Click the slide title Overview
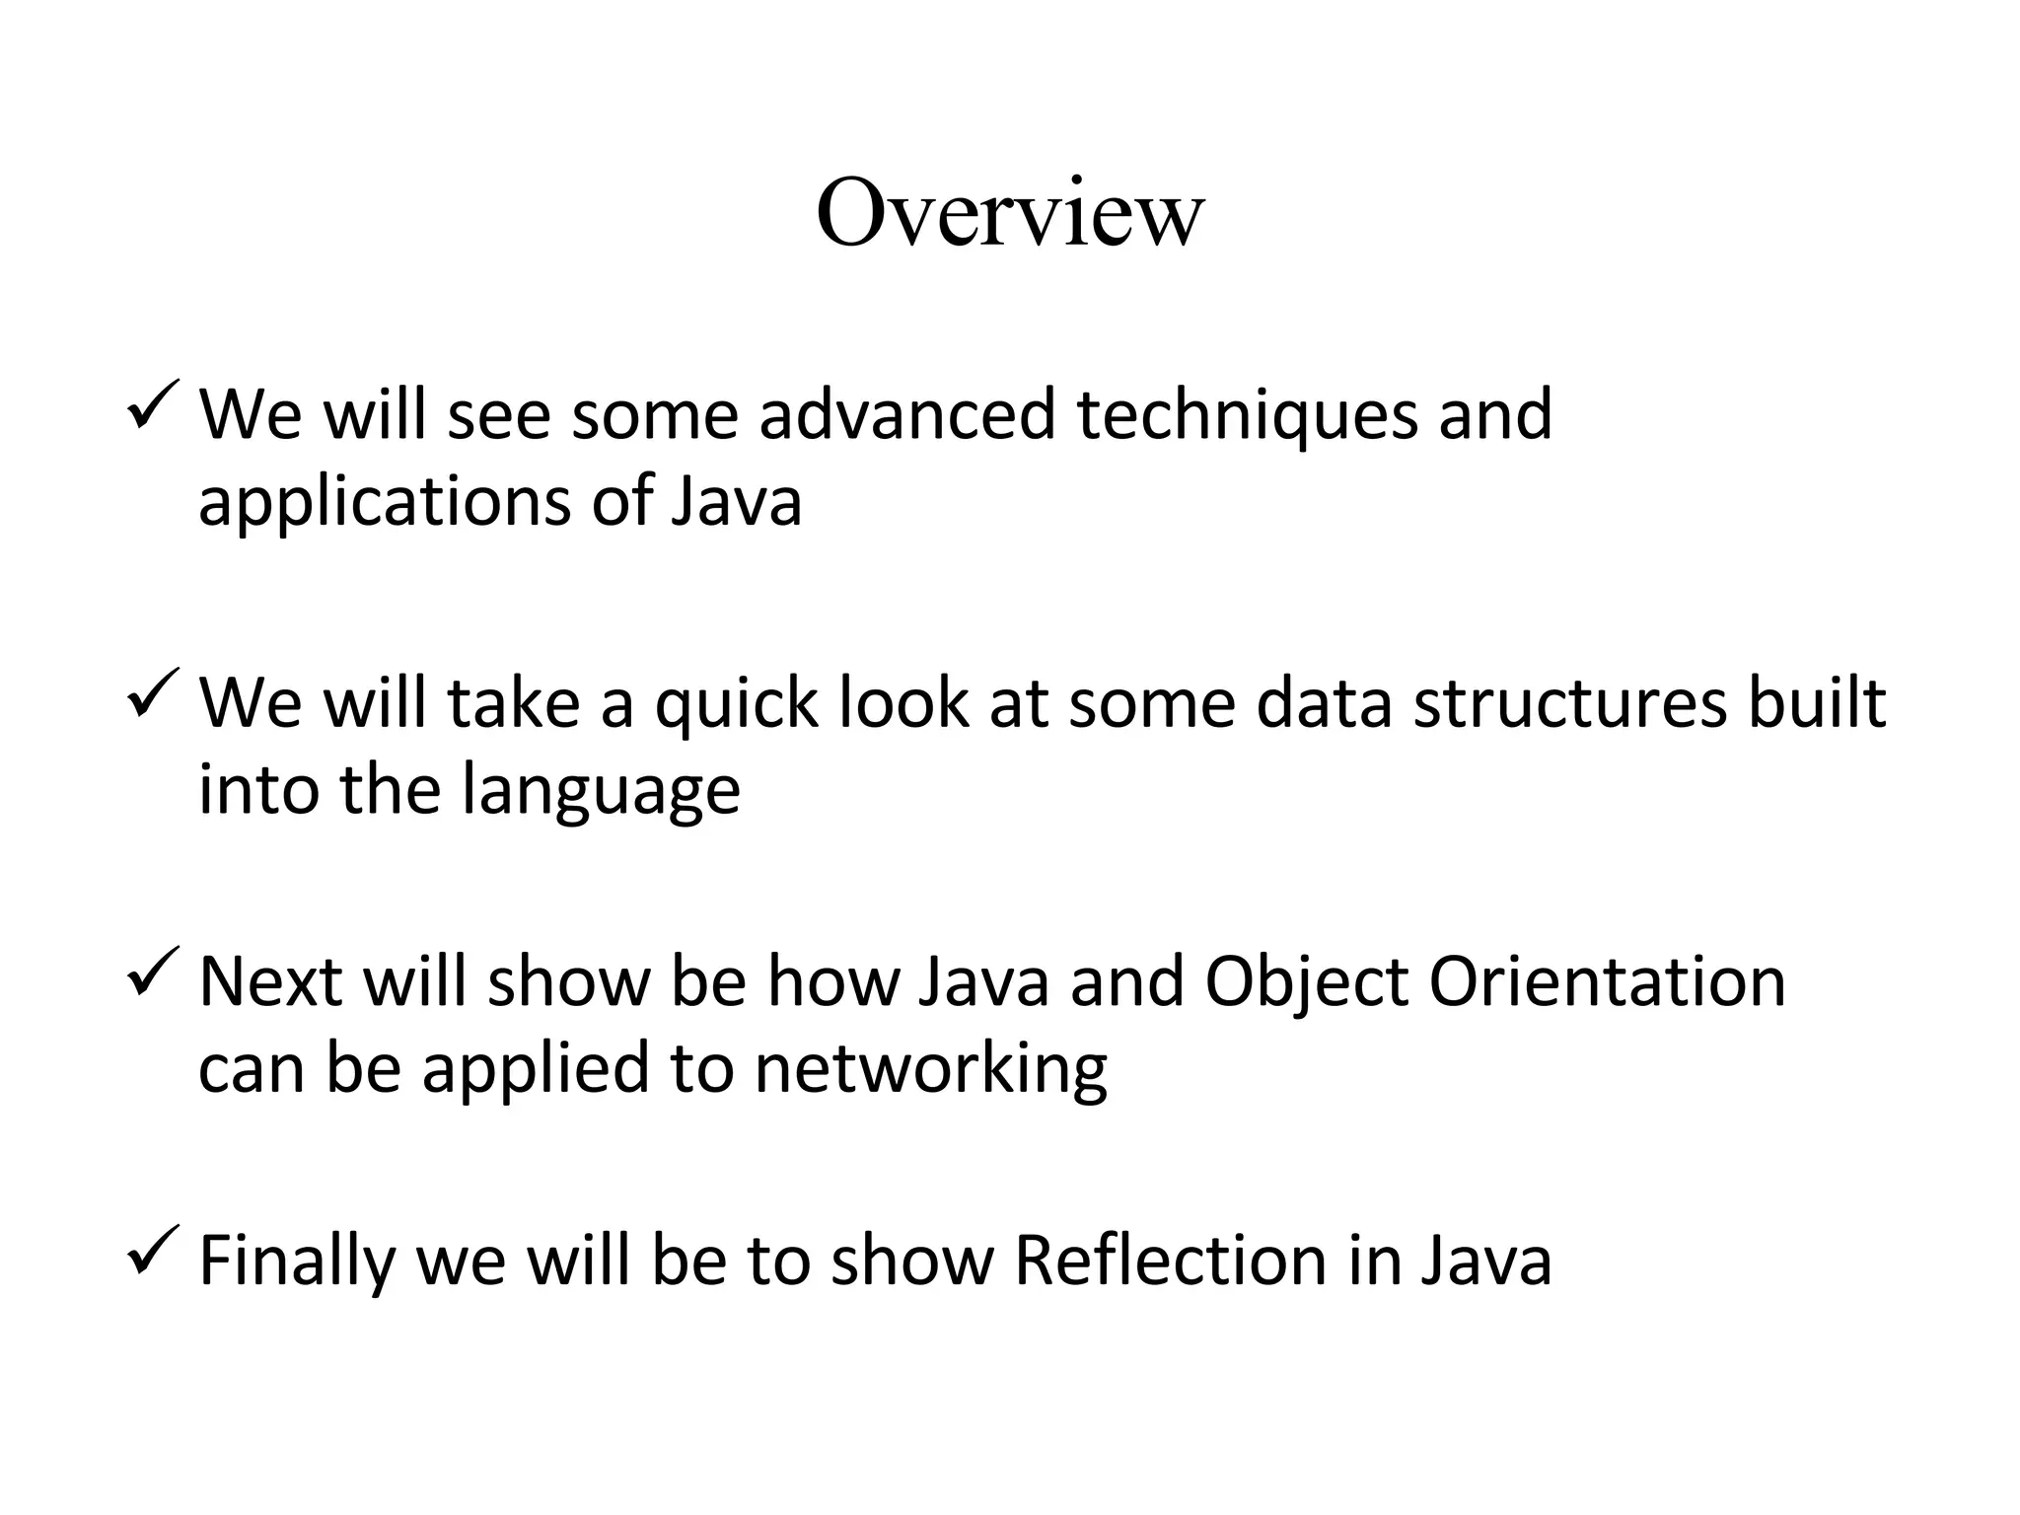pyautogui.click(x=1010, y=213)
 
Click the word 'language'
pyautogui.click(x=601, y=791)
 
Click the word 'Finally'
pyautogui.click(x=296, y=1262)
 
